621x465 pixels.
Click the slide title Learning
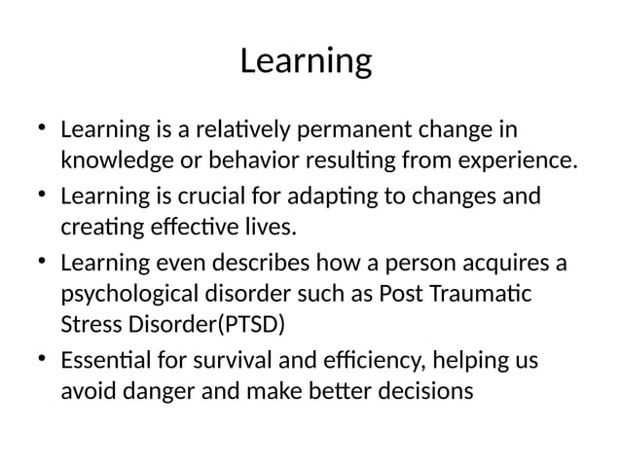[x=306, y=61]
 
